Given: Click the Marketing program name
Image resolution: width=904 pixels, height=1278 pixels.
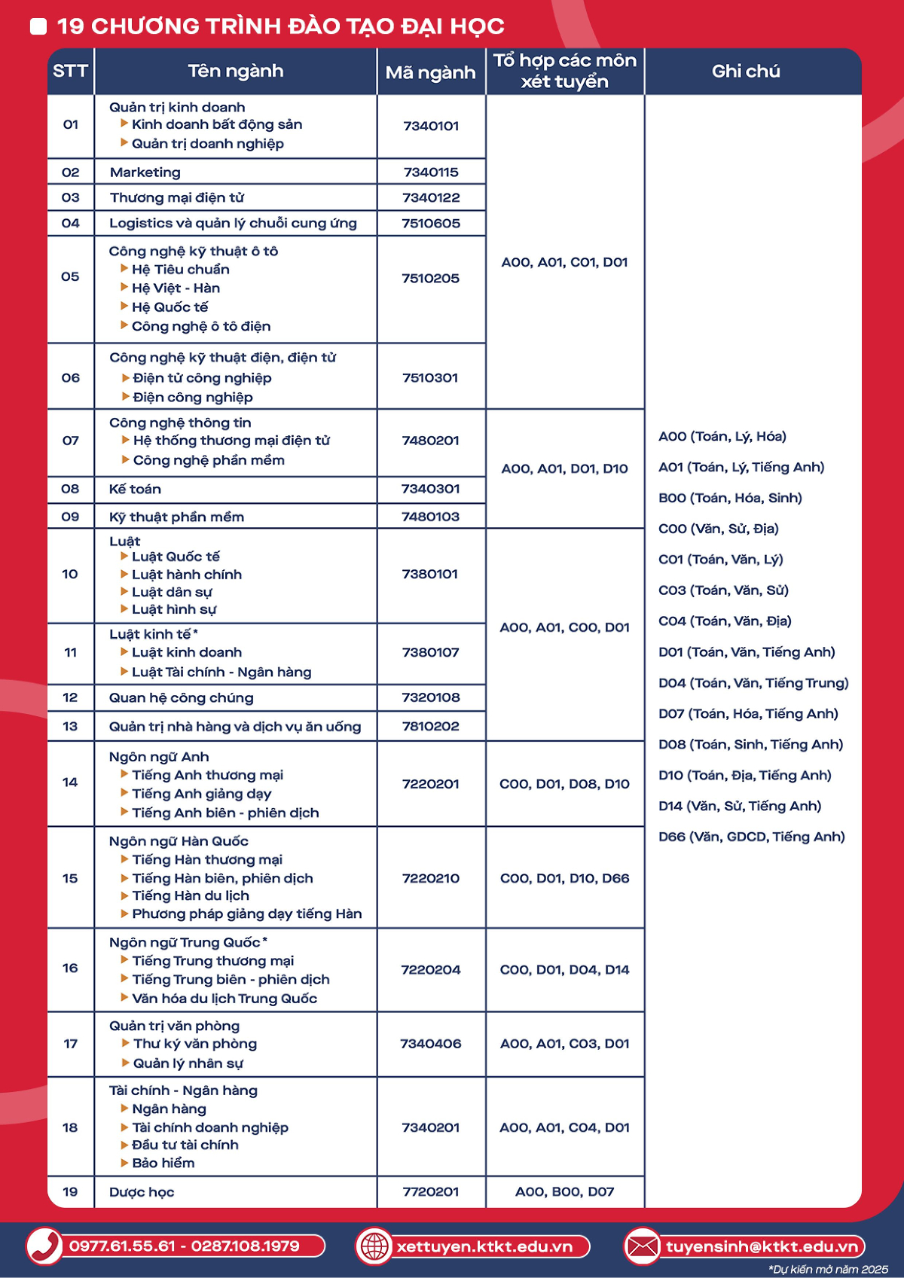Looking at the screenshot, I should (x=145, y=172).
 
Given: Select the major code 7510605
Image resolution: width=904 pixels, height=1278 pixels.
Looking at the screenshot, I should (x=431, y=223).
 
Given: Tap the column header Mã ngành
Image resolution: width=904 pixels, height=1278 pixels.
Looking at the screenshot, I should (x=430, y=72).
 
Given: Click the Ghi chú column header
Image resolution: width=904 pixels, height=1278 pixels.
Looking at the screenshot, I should (x=746, y=72).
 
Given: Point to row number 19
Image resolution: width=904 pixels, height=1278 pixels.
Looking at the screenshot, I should (x=70, y=1191).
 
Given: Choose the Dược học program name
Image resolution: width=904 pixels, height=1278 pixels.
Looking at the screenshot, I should (x=142, y=1192).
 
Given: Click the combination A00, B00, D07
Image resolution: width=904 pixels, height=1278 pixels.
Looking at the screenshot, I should (x=564, y=1191).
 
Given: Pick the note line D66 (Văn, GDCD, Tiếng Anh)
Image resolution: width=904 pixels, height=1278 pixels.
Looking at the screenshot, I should (x=751, y=837).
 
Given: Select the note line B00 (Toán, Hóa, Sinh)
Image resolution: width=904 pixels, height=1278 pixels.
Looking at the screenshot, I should (x=730, y=498).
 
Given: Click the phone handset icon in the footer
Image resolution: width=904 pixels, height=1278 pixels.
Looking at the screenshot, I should (x=44, y=1246).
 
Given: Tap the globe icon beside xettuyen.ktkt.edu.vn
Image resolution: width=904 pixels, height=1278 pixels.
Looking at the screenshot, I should (x=374, y=1246).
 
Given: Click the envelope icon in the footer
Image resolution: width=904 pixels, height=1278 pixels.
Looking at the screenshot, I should (x=642, y=1246).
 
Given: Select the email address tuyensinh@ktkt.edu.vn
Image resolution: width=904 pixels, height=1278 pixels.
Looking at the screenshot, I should (x=762, y=1246).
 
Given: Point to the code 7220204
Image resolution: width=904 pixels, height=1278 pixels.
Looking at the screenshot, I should (x=431, y=970).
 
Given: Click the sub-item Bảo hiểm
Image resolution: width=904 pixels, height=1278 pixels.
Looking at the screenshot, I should (x=163, y=1163).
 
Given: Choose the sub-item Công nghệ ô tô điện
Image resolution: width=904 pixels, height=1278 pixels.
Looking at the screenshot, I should (x=201, y=326).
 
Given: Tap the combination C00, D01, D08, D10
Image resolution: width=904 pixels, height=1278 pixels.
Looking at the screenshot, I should (x=564, y=784).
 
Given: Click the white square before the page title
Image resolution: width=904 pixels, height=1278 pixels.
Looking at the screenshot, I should (x=38, y=26).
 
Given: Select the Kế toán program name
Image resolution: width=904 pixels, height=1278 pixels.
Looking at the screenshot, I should (x=135, y=490).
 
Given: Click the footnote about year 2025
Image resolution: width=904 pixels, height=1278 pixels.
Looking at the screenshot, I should (x=828, y=1269).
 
